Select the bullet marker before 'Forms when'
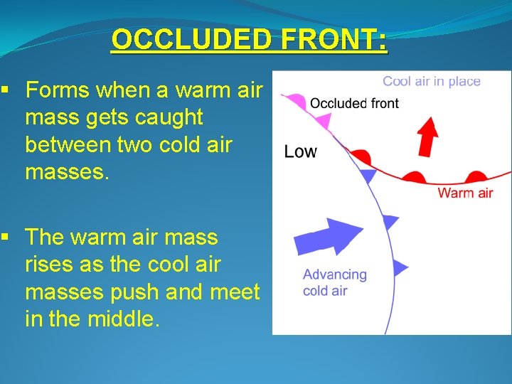click(x=5, y=91)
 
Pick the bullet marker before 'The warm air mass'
click(x=5, y=238)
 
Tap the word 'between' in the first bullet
click(x=65, y=144)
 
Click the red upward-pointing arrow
click(x=427, y=137)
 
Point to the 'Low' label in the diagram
click(x=300, y=151)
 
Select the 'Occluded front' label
click(x=354, y=103)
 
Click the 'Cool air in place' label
click(x=431, y=81)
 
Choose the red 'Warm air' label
click(x=465, y=193)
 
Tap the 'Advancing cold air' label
click(x=334, y=281)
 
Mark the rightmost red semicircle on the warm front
click(x=474, y=177)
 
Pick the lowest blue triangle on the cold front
click(x=400, y=268)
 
